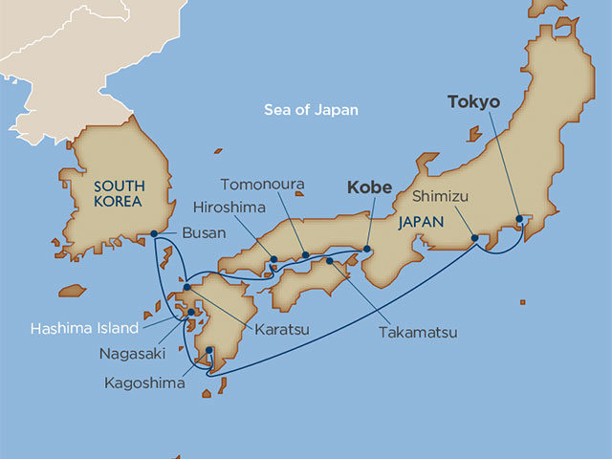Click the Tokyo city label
[473, 100]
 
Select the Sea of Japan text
[311, 110]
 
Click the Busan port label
[204, 232]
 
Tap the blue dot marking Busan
[154, 232]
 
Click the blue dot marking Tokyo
[519, 219]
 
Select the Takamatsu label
[416, 333]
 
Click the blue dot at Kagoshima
[209, 361]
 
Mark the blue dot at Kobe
[366, 251]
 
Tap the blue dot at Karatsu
[187, 287]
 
